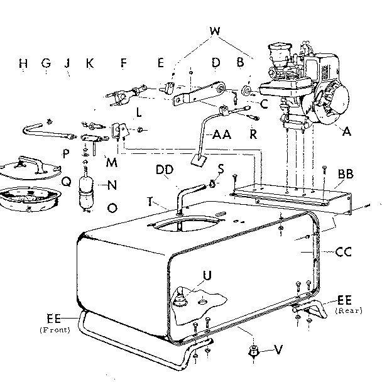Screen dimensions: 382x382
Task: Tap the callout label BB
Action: click(x=345, y=172)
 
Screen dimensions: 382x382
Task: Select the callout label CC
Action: click(x=344, y=253)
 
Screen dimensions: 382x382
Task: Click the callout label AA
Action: click(x=221, y=134)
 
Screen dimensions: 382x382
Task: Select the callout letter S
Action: click(x=221, y=168)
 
